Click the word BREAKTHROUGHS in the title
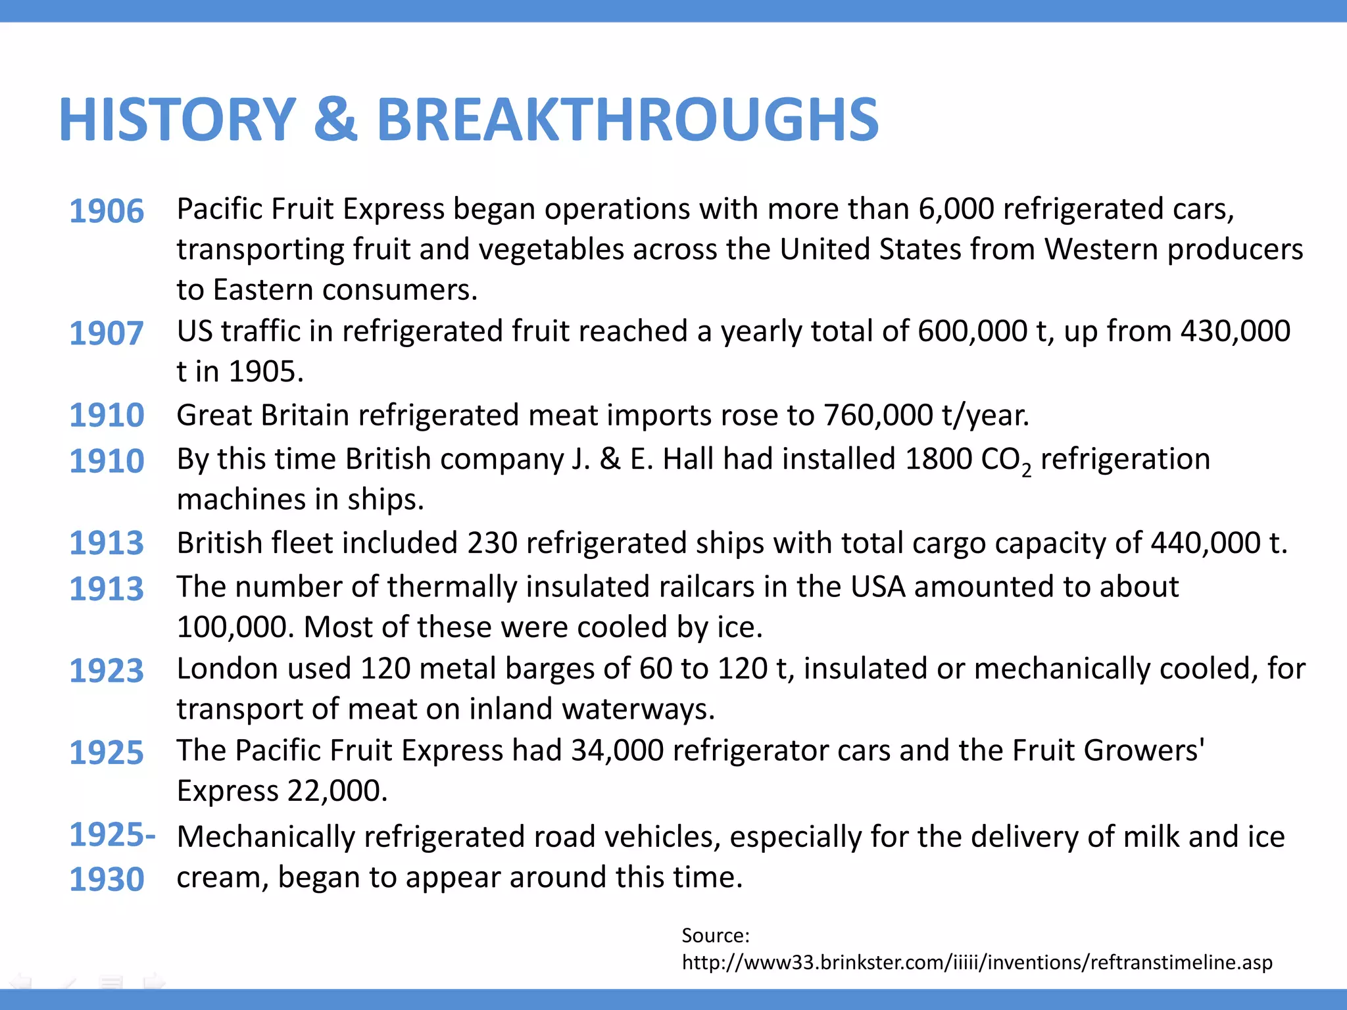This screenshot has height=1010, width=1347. click(627, 120)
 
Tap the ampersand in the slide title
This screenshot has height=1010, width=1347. click(336, 120)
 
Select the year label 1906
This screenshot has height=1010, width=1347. click(107, 211)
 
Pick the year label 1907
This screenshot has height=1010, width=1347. click(107, 333)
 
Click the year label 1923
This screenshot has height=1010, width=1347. click(107, 671)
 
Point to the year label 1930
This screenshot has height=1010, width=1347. click(107, 879)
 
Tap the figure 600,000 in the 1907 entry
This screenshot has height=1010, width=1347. click(973, 331)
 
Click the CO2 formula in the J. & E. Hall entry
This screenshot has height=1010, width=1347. click(1006, 460)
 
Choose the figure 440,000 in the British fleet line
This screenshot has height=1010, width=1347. click(1205, 543)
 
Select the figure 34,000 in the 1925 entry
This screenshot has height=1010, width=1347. click(617, 750)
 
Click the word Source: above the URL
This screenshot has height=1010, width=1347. click(716, 935)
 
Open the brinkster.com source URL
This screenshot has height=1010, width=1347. click(977, 963)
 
